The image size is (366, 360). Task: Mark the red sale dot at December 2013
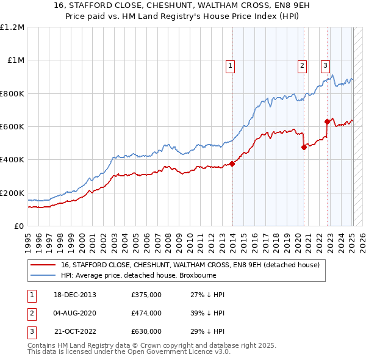[232, 164]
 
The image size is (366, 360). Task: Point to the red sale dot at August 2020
[304, 147]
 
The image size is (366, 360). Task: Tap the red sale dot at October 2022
[328, 121]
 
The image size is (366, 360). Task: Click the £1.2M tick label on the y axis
[12, 27]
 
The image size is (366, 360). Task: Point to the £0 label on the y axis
[18, 226]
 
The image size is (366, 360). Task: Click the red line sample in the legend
[43, 265]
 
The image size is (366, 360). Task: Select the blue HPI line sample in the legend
[43, 275]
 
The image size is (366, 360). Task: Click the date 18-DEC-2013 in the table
[75, 295]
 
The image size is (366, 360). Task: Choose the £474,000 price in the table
[146, 313]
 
